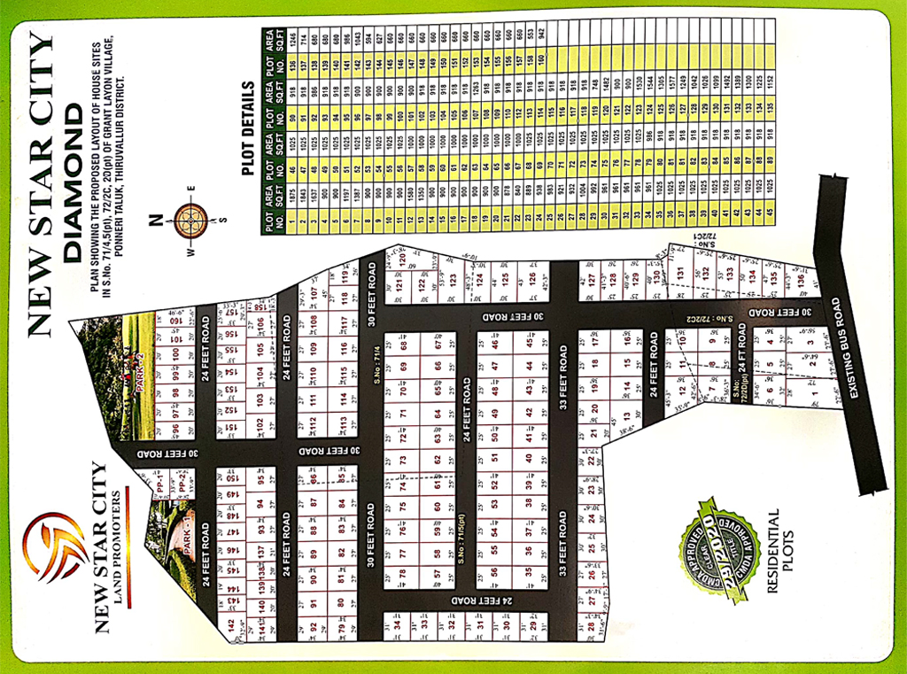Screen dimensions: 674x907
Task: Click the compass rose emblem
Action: point(190,221)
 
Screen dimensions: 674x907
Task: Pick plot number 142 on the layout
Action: point(231,625)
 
